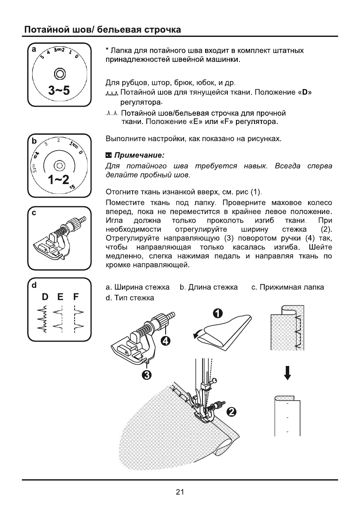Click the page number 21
(180, 492)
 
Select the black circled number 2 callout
(230, 412)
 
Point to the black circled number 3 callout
(147, 376)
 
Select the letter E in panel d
(61, 296)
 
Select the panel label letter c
(31, 215)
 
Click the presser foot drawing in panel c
(60, 240)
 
